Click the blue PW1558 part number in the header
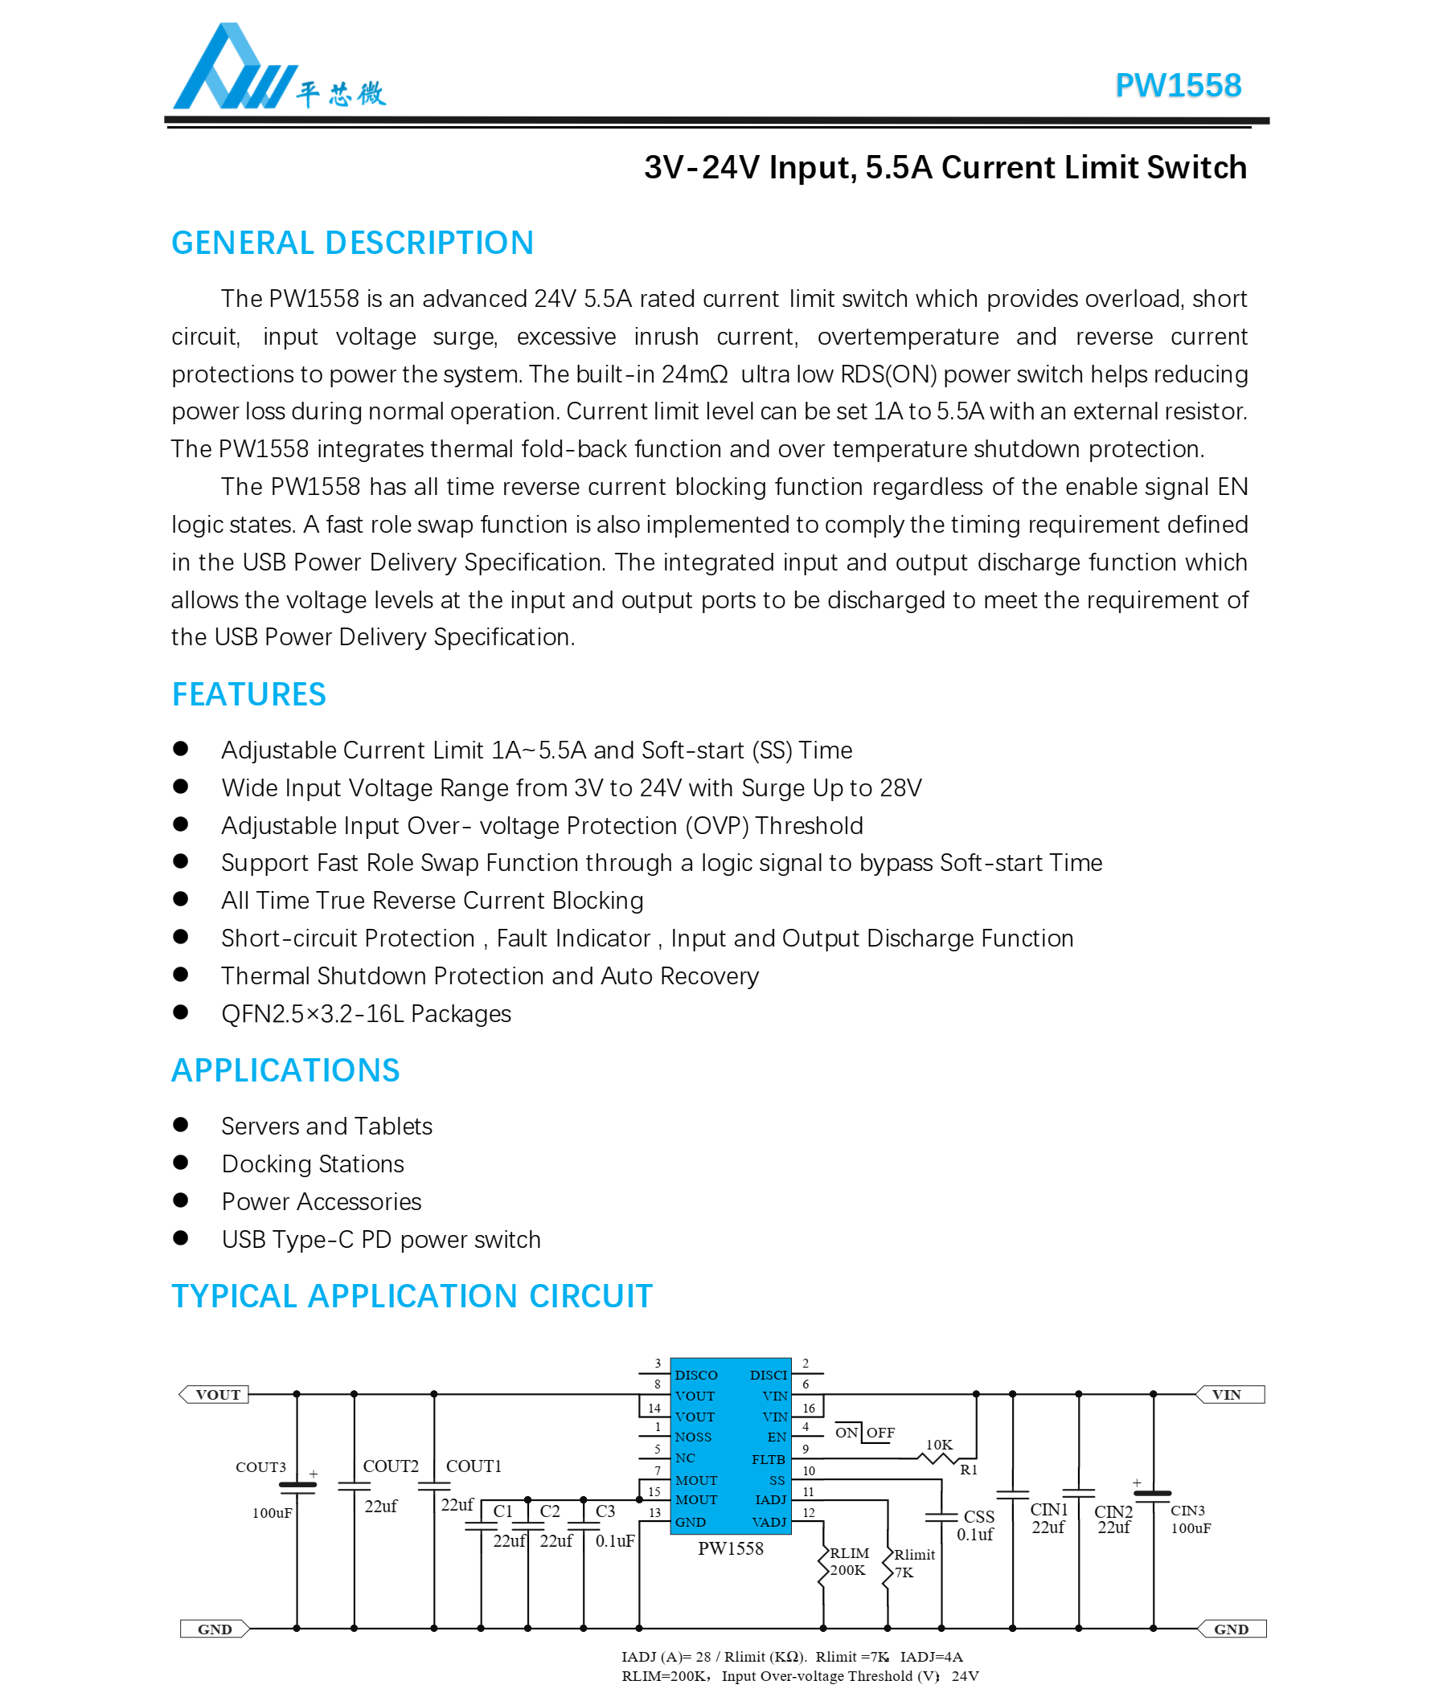[x=1176, y=86]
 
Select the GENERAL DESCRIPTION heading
[x=352, y=243]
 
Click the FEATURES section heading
[x=248, y=694]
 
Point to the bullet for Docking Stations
[x=181, y=1162]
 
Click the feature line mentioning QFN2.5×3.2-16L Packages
[x=365, y=1013]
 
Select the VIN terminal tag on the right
[x=1228, y=1394]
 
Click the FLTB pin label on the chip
[x=767, y=1459]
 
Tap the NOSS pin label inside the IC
[x=693, y=1437]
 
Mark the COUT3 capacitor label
[x=260, y=1467]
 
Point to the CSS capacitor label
[x=978, y=1516]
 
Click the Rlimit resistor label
[x=914, y=1554]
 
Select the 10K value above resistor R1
[x=939, y=1444]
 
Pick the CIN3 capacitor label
[x=1187, y=1510]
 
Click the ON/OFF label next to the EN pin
[x=864, y=1432]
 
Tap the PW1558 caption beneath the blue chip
[x=730, y=1548]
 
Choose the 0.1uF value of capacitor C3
[x=614, y=1540]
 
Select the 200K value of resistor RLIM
[x=847, y=1570]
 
